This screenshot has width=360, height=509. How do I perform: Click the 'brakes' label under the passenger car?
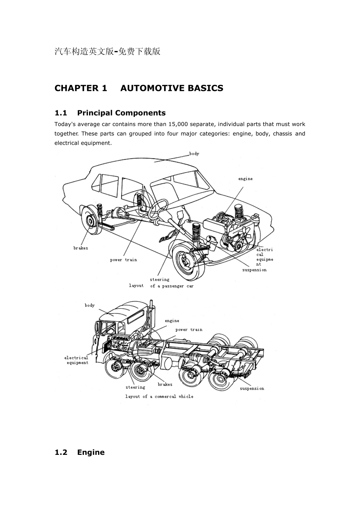(80, 248)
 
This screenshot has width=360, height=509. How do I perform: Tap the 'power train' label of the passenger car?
(124, 260)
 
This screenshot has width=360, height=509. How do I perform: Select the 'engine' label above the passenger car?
(246, 179)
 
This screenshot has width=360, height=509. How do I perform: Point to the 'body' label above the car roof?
(194, 154)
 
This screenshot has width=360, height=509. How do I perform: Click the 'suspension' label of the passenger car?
(254, 270)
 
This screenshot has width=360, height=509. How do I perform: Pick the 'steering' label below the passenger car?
(160, 279)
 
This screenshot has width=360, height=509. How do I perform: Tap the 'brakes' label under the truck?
(165, 384)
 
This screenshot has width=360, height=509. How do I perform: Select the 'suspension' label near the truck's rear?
(252, 389)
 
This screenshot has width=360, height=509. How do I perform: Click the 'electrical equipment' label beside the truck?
(77, 360)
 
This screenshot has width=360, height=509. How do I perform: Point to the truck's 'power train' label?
(189, 329)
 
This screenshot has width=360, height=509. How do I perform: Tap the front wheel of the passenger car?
(189, 262)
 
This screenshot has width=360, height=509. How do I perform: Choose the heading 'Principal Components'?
(121, 113)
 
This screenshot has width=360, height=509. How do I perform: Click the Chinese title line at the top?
(107, 52)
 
